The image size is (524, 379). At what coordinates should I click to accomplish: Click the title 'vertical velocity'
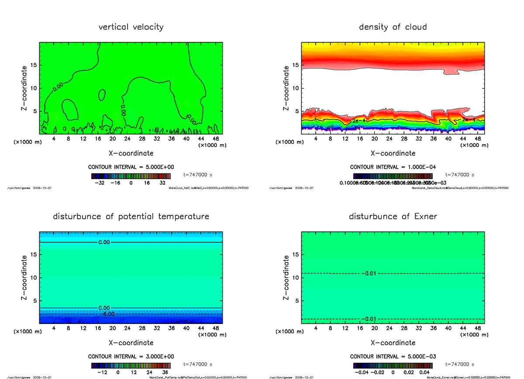click(x=131, y=27)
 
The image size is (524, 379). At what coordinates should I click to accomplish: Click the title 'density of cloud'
click(x=393, y=27)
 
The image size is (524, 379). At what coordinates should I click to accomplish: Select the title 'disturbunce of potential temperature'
click(x=131, y=217)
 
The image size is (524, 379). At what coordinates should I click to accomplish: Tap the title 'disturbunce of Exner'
click(x=393, y=217)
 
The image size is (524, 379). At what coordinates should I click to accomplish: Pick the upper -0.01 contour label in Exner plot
click(x=369, y=274)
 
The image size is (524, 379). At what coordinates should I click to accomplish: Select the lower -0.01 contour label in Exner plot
click(x=369, y=319)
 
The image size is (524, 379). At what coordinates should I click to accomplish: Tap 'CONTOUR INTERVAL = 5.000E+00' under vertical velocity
click(x=131, y=167)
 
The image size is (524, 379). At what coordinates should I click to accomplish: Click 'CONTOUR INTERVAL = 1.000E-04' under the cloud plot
click(x=393, y=167)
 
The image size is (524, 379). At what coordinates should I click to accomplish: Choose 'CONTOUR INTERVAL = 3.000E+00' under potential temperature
click(x=131, y=357)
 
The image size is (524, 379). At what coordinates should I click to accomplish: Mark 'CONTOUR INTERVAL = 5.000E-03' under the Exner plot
click(x=393, y=357)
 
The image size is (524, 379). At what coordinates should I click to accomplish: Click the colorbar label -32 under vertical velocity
click(x=102, y=183)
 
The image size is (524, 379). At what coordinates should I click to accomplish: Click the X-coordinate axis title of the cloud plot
click(x=393, y=153)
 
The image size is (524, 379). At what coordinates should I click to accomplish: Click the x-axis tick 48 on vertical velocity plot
click(x=215, y=139)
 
